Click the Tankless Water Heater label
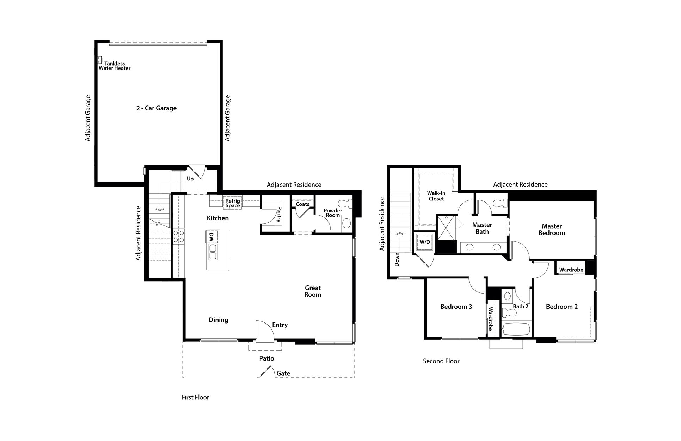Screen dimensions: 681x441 point(115,66)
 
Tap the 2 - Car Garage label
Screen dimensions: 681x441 point(157,108)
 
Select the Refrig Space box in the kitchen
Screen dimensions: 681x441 point(233,203)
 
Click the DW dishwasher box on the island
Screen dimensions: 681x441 point(211,237)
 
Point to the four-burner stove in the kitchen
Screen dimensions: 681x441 point(179,236)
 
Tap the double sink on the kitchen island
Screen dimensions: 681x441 point(213,252)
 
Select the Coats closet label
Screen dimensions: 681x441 point(302,204)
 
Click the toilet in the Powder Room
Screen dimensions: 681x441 point(345,204)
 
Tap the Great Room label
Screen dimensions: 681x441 point(313,291)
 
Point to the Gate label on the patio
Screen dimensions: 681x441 point(283,373)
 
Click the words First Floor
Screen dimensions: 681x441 point(195,397)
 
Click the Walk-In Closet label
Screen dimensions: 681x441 point(436,196)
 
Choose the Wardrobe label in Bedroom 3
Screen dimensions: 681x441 point(490,319)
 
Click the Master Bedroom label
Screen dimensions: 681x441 point(552,230)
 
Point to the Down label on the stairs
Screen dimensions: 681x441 point(397,259)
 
